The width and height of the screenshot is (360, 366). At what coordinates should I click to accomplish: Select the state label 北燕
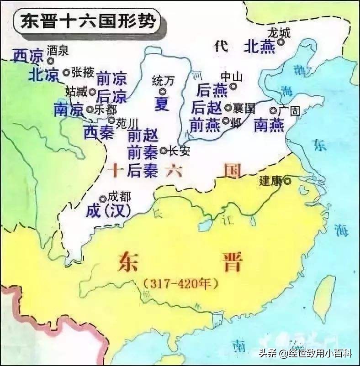[x=260, y=46]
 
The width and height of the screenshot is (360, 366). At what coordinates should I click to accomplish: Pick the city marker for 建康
[x=287, y=181]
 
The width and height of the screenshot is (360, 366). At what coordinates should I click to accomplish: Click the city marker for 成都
[x=103, y=199]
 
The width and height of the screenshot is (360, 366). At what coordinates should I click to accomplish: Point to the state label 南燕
[x=269, y=124]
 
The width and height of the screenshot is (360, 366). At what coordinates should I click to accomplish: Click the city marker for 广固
[x=273, y=110]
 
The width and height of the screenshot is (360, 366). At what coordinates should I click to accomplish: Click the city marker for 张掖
[x=67, y=72]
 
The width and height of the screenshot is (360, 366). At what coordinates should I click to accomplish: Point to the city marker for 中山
[x=233, y=86]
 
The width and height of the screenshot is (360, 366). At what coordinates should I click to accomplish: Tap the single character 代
[x=221, y=46]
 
